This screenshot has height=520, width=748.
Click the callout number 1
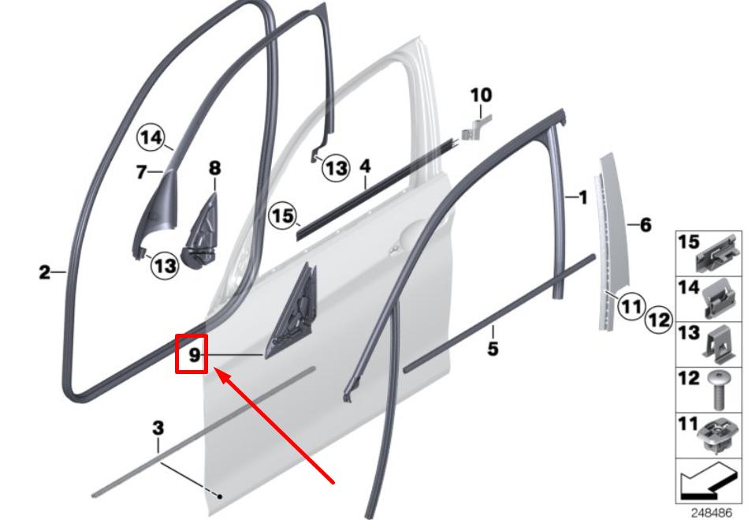[x=583, y=197]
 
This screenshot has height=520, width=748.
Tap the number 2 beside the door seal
[x=45, y=273]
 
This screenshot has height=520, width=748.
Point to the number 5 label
[x=493, y=346]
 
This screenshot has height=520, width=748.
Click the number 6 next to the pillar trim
[x=646, y=226]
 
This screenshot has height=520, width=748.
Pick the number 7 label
[x=142, y=171]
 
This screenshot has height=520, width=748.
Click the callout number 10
[x=481, y=95]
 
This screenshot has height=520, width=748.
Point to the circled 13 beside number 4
[x=337, y=168]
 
